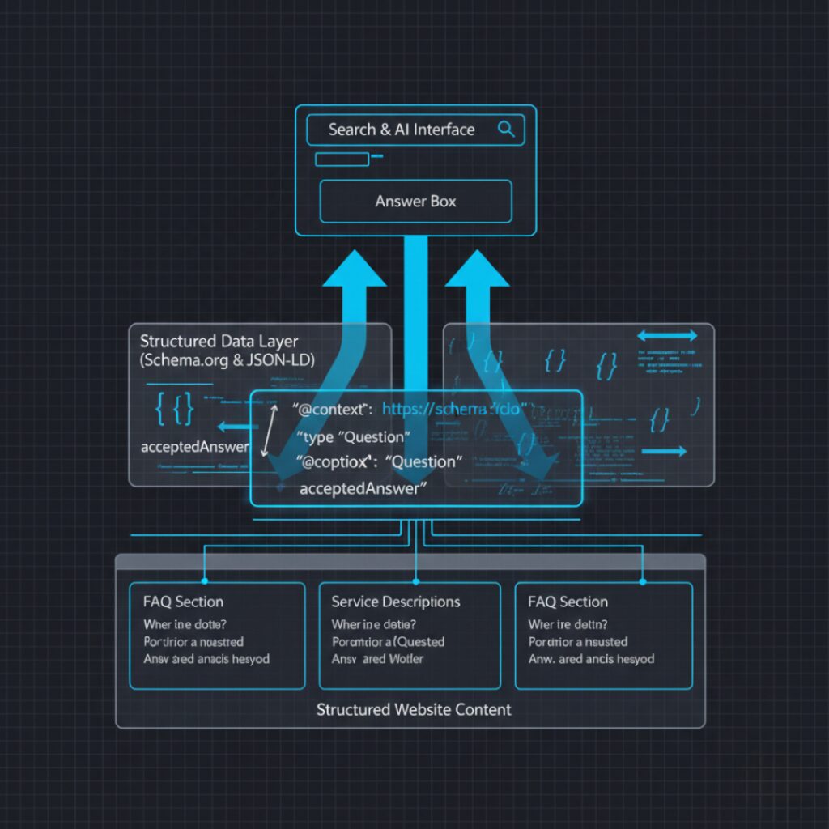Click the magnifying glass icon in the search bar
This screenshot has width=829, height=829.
pyautogui.click(x=507, y=129)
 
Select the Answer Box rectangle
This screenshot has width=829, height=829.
pyautogui.click(x=416, y=202)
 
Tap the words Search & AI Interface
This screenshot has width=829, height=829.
pyautogui.click(x=402, y=130)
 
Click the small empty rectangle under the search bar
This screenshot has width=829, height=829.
pyautogui.click(x=342, y=159)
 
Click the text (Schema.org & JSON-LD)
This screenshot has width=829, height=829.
pyautogui.click(x=227, y=361)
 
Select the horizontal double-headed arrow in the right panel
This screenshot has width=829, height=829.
pyautogui.click(x=667, y=336)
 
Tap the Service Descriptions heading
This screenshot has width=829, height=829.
pyautogui.click(x=396, y=602)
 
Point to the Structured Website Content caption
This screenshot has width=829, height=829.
pyautogui.click(x=414, y=710)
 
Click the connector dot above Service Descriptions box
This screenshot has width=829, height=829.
pyautogui.click(x=416, y=580)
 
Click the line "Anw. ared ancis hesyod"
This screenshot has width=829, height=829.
pyautogui.click(x=591, y=659)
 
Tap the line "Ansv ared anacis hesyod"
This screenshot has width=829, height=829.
pyautogui.click(x=206, y=659)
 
